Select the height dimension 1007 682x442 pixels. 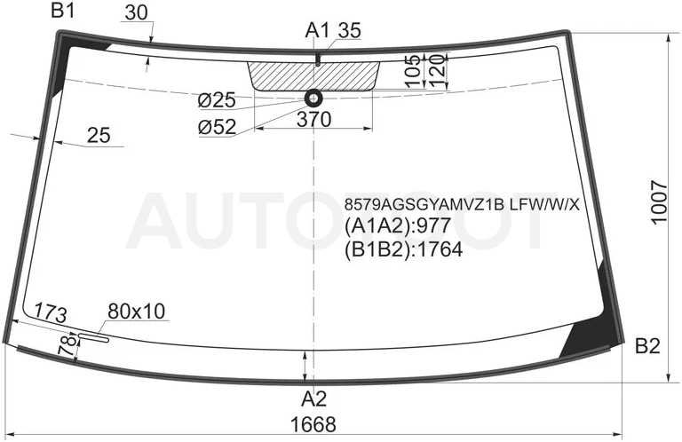pyautogui.click(x=660, y=201)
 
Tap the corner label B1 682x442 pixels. pyautogui.click(x=63, y=11)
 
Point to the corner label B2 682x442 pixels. pyautogui.click(x=647, y=346)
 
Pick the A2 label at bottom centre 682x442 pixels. pyautogui.click(x=314, y=399)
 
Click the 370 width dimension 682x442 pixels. pyautogui.click(x=314, y=119)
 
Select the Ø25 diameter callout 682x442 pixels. pyautogui.click(x=217, y=101)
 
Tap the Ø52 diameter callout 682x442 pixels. pyautogui.click(x=217, y=127)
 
